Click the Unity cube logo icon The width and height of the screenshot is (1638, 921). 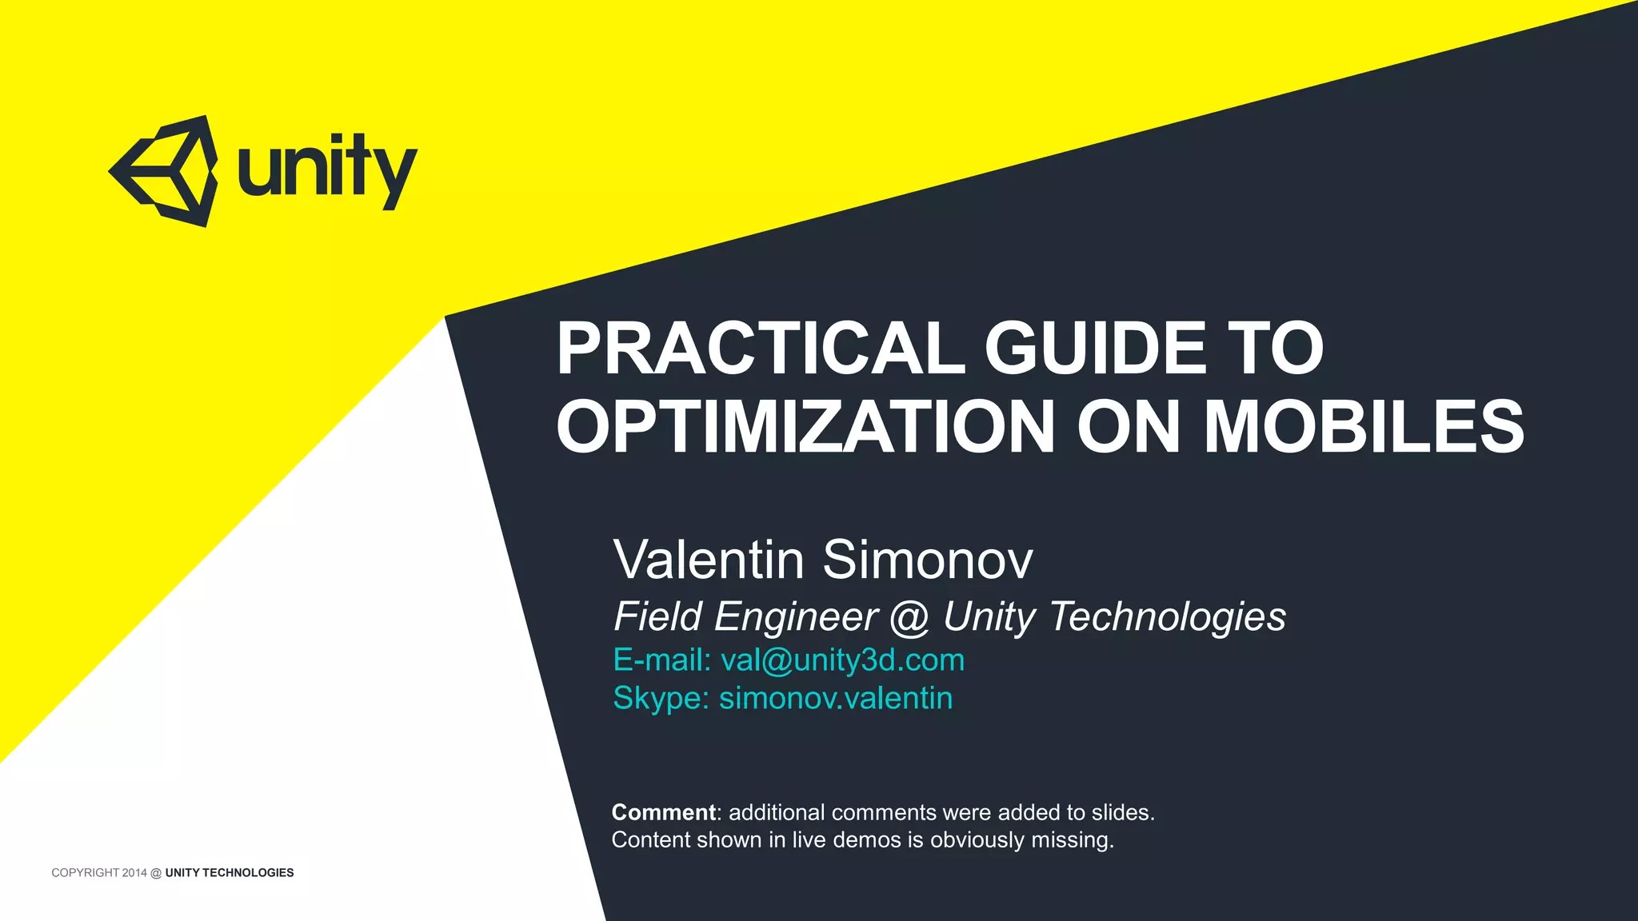[x=164, y=171]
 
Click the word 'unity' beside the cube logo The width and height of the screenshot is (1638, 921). [x=327, y=170]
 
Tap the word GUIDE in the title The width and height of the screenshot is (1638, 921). [x=1095, y=349]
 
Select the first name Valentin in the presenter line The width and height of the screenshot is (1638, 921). [x=709, y=560]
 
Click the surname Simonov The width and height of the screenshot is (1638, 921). [x=928, y=560]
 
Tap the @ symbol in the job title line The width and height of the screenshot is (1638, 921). [x=909, y=617]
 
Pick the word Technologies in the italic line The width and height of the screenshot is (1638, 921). [x=1167, y=617]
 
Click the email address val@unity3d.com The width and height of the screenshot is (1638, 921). [x=842, y=660]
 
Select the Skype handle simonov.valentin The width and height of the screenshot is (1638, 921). [x=836, y=698]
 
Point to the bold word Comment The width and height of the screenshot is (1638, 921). [x=663, y=812]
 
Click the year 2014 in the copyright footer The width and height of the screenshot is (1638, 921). [x=134, y=873]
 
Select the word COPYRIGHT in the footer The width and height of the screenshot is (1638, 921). [x=85, y=873]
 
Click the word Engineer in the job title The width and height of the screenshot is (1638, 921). [x=796, y=617]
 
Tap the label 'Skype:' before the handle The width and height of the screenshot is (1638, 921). [x=661, y=698]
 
